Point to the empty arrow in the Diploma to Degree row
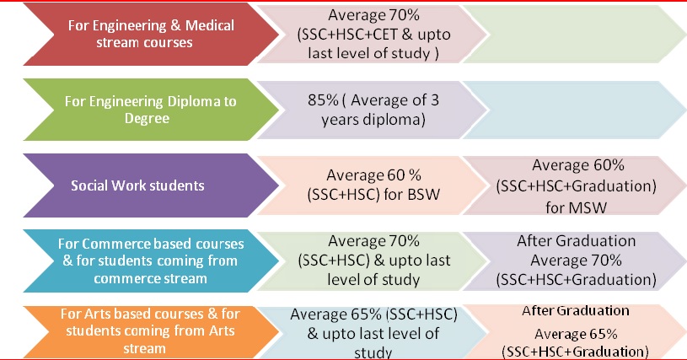(x=573, y=110)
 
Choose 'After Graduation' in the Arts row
(x=575, y=309)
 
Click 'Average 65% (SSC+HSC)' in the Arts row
(x=373, y=314)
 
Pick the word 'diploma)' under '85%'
(x=393, y=120)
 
